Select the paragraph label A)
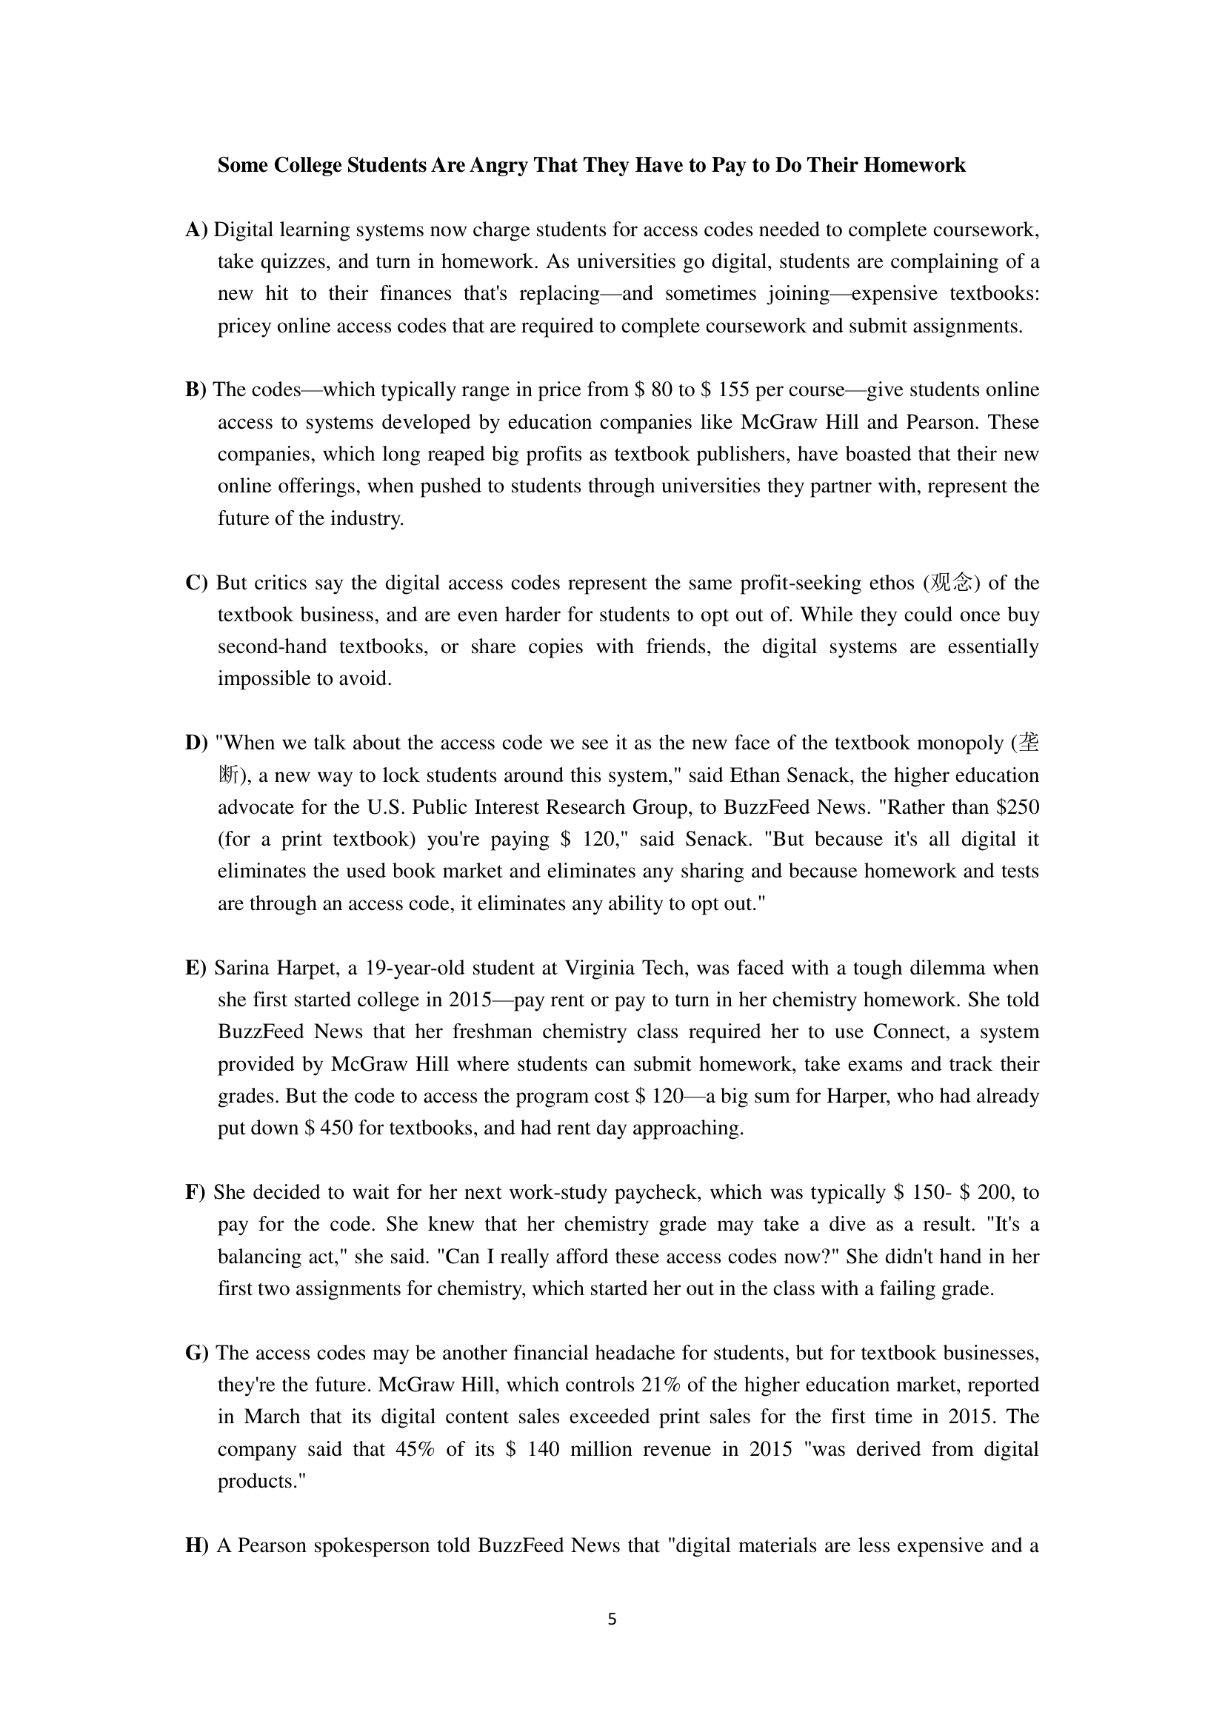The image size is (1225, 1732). [196, 230]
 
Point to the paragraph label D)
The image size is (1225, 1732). [196, 743]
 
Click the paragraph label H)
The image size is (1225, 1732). [197, 1545]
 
